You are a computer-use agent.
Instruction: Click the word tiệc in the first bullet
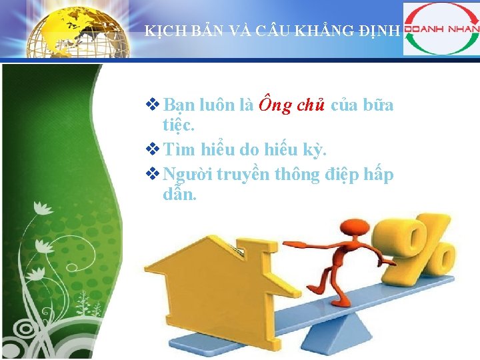(x=177, y=125)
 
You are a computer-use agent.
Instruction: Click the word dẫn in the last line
(x=179, y=195)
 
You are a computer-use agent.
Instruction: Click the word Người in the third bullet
(x=187, y=175)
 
